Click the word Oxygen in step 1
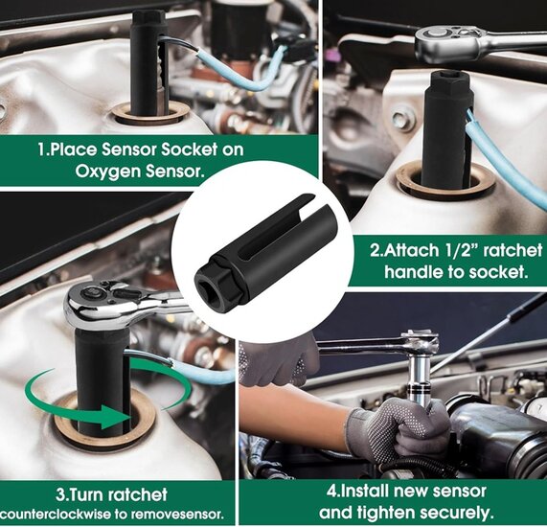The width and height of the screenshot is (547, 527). (x=106, y=172)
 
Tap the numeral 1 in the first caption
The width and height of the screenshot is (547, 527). (x=42, y=149)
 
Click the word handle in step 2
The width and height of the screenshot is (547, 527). (x=413, y=271)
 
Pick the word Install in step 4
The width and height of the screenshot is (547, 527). (x=366, y=491)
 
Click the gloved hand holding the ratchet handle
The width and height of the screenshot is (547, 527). (x=278, y=360)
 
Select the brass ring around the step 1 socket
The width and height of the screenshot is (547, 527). (x=151, y=114)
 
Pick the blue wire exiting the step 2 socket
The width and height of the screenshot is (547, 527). (x=506, y=164)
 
